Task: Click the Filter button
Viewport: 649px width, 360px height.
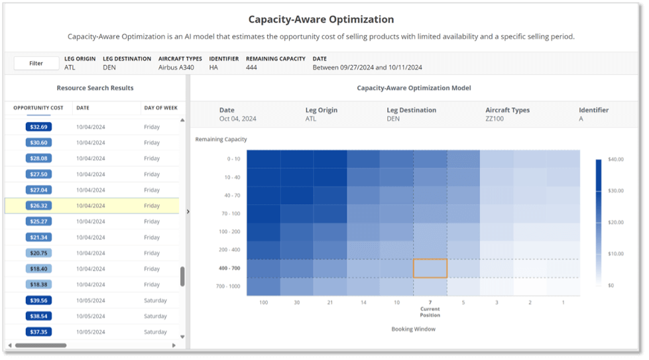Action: tap(36, 63)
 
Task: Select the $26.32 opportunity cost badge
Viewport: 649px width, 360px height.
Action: tap(38, 206)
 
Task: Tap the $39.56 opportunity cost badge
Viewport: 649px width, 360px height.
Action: tap(38, 300)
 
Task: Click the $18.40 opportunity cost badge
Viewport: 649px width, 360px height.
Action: tap(38, 269)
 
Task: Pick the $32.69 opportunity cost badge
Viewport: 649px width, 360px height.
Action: tap(38, 127)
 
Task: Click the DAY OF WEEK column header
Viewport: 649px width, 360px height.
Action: tap(160, 107)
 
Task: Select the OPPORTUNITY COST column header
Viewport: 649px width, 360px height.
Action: tap(38, 107)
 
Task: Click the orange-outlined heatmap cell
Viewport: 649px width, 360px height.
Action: tap(430, 268)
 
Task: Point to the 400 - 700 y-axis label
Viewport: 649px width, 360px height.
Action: tap(229, 269)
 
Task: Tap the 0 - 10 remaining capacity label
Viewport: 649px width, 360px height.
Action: tap(233, 159)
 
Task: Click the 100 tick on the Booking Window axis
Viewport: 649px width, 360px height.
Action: tap(263, 302)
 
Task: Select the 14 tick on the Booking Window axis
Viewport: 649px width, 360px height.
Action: tap(363, 302)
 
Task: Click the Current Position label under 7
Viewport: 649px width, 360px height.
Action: tap(430, 312)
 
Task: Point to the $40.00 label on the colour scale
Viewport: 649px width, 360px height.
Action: tap(616, 160)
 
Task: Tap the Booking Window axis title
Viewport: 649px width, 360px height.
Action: tap(412, 329)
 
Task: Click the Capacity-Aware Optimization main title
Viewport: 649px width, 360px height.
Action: tap(321, 20)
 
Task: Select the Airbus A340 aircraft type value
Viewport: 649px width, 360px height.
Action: tap(177, 68)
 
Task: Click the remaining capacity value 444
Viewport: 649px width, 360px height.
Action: tap(251, 68)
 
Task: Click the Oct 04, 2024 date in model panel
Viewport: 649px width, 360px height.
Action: tap(237, 119)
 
